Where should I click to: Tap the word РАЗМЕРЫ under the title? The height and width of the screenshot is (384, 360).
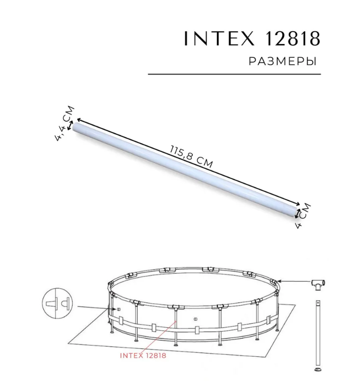(x=282, y=62)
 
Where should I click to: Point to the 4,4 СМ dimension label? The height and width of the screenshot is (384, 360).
(x=64, y=123)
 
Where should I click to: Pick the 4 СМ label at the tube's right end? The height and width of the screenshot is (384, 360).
(x=302, y=216)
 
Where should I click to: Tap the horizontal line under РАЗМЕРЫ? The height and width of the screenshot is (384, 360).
(x=234, y=74)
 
